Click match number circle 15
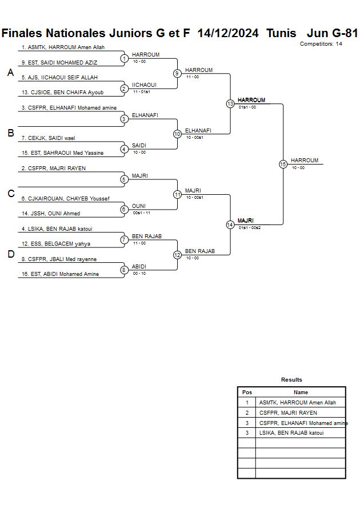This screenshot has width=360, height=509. pyautogui.click(x=283, y=164)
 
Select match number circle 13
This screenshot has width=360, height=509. pyautogui.click(x=230, y=104)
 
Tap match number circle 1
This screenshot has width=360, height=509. pyautogui.click(x=124, y=58)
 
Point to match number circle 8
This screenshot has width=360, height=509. pyautogui.click(x=124, y=270)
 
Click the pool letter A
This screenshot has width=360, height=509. pyautogui.click(x=10, y=73)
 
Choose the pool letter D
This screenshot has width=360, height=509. pyautogui.click(x=10, y=255)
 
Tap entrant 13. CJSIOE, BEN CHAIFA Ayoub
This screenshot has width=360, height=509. pyautogui.click(x=59, y=93)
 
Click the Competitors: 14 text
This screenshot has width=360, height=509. pyautogui.click(x=321, y=44)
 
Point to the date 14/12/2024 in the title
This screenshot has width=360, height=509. pyautogui.click(x=227, y=33)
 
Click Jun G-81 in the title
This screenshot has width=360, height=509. pyautogui.click(x=332, y=33)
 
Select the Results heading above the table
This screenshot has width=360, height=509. pyautogui.click(x=291, y=380)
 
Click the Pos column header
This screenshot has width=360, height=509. pyautogui.click(x=247, y=392)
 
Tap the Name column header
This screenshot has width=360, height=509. pyautogui.click(x=301, y=392)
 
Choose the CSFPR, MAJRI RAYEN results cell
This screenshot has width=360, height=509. pyautogui.click(x=288, y=412)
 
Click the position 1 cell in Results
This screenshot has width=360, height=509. pyautogui.click(x=247, y=403)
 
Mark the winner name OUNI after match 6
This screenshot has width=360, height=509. pyautogui.click(x=139, y=206)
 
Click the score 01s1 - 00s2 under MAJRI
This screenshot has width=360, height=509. pyautogui.click(x=250, y=228)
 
